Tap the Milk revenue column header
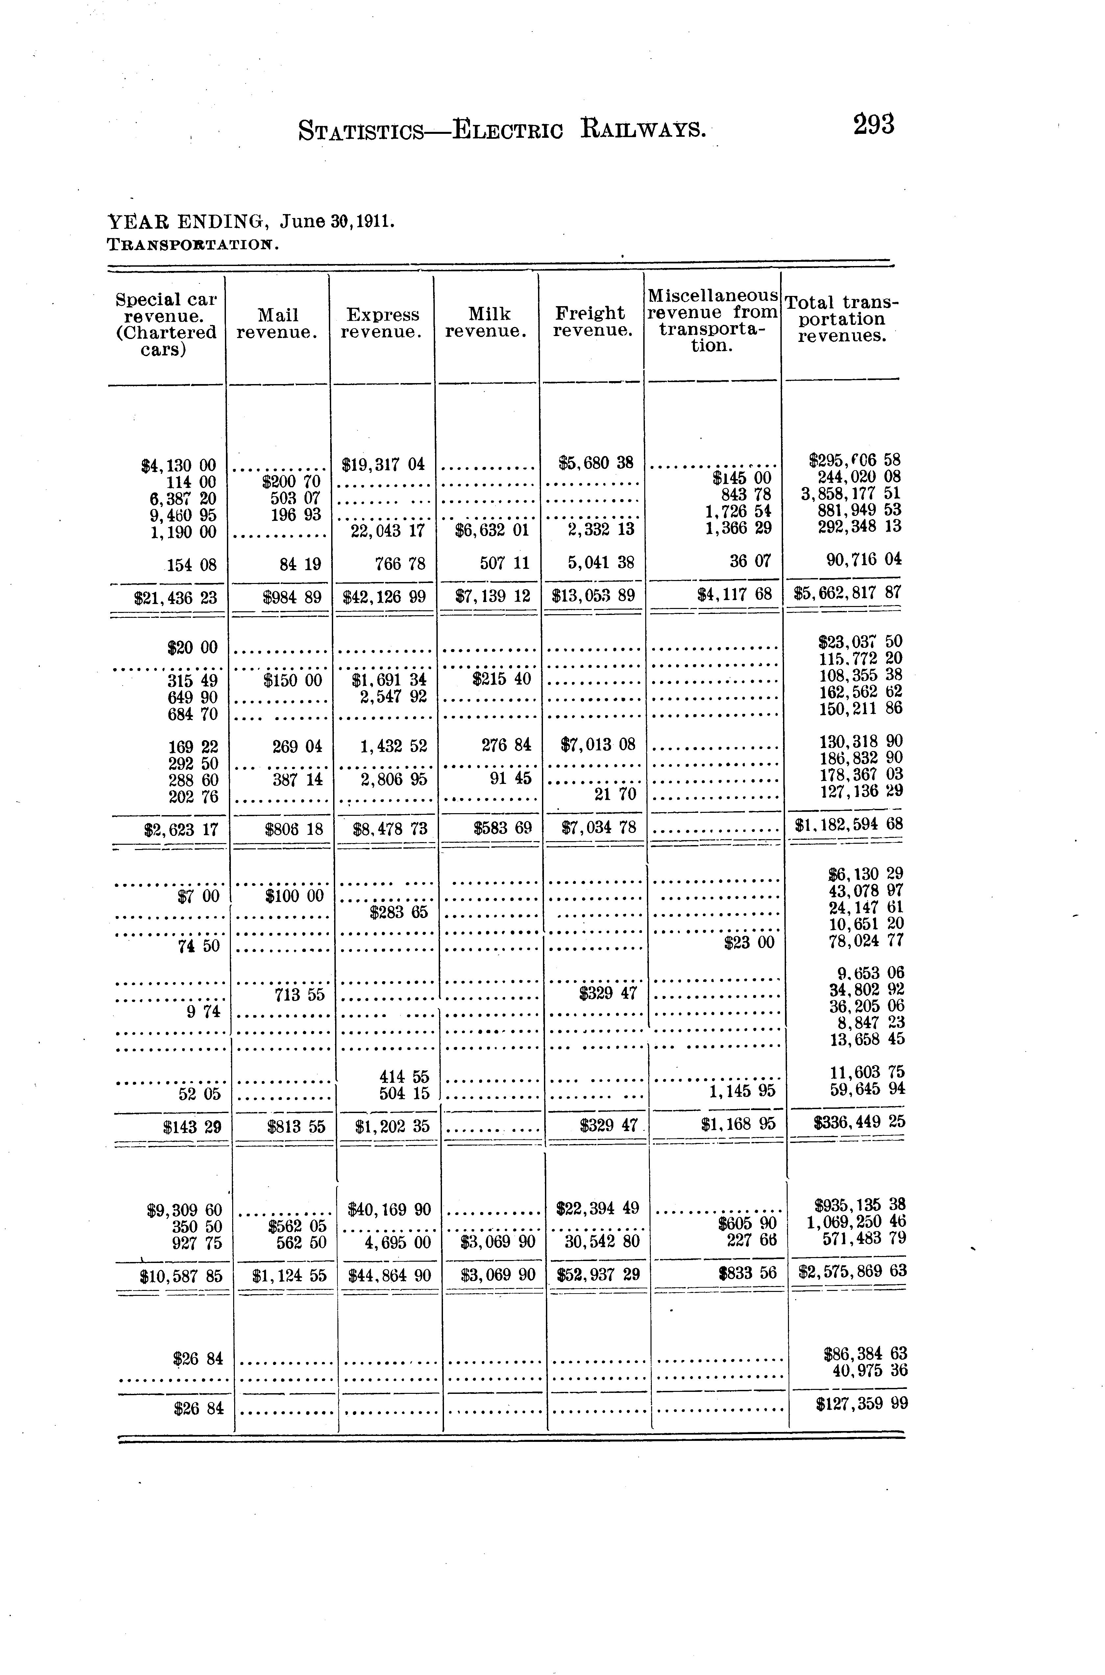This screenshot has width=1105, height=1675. (x=486, y=323)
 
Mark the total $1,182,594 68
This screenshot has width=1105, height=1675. (x=848, y=824)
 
